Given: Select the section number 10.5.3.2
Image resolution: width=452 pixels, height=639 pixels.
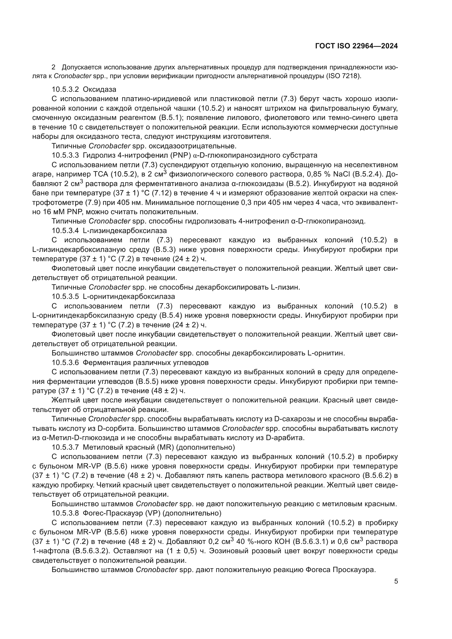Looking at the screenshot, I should pos(65,90).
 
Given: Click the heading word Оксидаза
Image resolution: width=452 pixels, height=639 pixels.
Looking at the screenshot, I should pos(100,90).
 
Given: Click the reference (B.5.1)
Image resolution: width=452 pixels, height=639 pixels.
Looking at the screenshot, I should pos(171,118).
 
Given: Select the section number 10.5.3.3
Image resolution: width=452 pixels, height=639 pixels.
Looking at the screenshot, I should pos(65,155).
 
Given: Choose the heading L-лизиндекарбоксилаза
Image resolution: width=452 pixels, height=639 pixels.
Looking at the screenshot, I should pos(125,231).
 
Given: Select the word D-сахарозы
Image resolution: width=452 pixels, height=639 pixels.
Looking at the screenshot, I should pos(296,419).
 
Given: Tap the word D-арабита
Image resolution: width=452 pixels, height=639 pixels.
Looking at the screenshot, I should pos(285,438).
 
